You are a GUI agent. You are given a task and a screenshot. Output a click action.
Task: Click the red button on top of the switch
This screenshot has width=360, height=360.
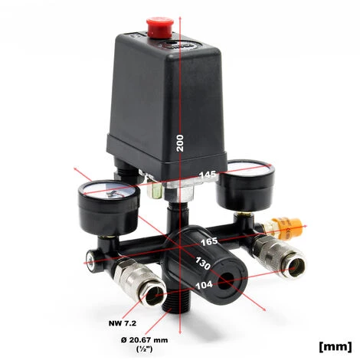click(x=159, y=28)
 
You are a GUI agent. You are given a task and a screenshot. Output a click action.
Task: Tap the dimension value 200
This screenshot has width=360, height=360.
click(x=181, y=140)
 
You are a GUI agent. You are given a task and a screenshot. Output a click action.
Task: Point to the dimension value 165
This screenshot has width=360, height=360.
click(x=208, y=241)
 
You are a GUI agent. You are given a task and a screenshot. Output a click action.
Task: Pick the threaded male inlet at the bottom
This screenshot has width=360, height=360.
click(x=177, y=317)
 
